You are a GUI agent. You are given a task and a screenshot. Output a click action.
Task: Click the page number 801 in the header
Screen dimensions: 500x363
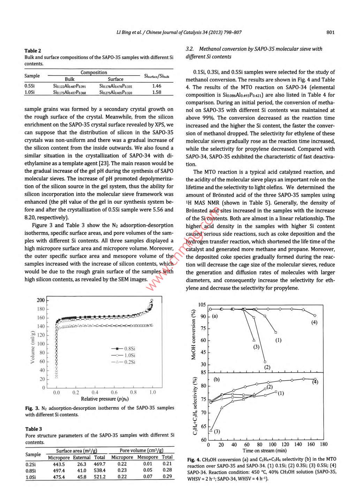click(x=330, y=32)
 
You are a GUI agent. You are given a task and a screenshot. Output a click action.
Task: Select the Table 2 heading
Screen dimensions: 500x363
click(x=33, y=51)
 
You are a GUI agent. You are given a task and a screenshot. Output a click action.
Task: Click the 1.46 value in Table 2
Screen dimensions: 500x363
click(x=157, y=86)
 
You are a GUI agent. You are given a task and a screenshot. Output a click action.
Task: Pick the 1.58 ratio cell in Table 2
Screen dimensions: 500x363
click(x=157, y=92)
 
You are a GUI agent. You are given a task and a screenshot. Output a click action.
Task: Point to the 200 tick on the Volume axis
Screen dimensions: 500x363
click(x=41, y=300)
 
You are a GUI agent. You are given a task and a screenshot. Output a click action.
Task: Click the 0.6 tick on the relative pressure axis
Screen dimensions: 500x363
click(x=114, y=393)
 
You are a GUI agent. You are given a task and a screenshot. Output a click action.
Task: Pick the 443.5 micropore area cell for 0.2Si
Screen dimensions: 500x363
click(x=59, y=464)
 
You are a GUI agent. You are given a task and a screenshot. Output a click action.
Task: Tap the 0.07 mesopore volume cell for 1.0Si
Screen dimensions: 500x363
click(x=148, y=477)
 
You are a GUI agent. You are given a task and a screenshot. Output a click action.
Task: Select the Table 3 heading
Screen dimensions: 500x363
click(x=33, y=429)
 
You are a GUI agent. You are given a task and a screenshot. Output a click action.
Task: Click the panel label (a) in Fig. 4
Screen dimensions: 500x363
click(x=215, y=316)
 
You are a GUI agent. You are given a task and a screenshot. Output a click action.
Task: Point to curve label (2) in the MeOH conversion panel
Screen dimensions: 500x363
click(x=267, y=367)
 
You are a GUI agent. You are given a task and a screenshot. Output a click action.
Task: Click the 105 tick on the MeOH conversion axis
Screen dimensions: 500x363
click(x=202, y=305)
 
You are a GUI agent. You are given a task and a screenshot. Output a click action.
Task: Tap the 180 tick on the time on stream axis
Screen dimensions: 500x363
click(x=324, y=444)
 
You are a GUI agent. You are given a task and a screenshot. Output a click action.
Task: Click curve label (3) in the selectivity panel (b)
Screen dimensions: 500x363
click(x=217, y=431)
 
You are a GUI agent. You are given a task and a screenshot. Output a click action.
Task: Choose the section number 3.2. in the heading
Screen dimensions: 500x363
click(x=190, y=49)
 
